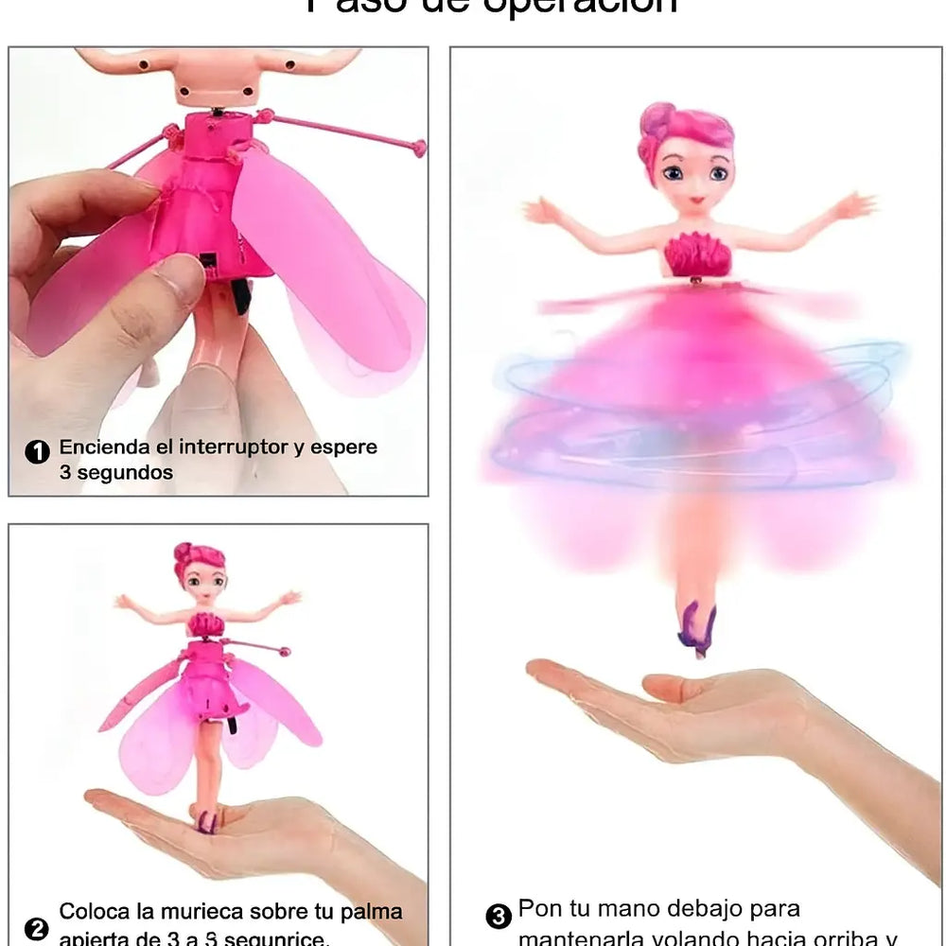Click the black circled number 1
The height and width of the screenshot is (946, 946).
click(x=37, y=452)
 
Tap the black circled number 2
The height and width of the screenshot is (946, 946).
click(x=37, y=929)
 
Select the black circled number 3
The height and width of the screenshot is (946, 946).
click(x=499, y=917)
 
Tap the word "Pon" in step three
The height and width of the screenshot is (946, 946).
click(x=540, y=910)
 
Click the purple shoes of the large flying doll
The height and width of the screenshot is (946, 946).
click(x=697, y=629)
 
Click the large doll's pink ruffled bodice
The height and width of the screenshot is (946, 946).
click(x=697, y=254)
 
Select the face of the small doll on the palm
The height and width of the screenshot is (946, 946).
click(x=202, y=581)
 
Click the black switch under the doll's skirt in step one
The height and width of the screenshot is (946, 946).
click(x=240, y=295)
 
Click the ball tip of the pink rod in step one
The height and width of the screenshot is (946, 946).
click(x=418, y=148)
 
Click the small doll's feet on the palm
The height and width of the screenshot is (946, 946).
click(x=205, y=819)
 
